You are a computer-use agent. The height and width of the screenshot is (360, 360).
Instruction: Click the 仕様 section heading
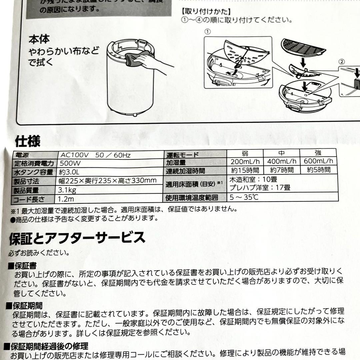tap(28, 142)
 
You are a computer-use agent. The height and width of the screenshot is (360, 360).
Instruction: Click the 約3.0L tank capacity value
tap(69, 172)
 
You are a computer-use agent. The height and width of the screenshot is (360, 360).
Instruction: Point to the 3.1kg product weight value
tap(68, 191)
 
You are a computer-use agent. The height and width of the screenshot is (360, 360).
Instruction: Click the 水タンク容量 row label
tap(33, 172)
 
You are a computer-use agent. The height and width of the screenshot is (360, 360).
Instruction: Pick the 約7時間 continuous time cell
tap(281, 170)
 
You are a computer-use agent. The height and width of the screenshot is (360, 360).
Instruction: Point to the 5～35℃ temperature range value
tap(244, 197)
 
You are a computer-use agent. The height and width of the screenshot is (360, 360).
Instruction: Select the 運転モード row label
tap(182, 154)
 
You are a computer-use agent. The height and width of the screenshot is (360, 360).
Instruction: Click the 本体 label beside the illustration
tap(39, 39)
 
